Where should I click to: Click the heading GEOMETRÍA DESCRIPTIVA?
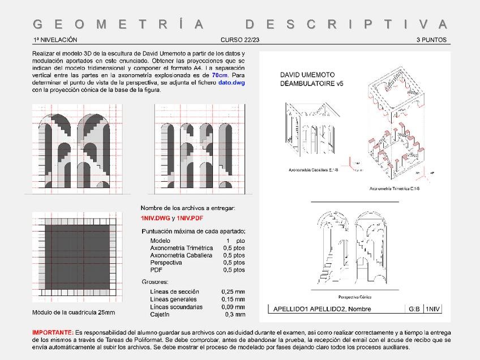tap(241, 24)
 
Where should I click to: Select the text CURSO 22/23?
tap(240, 40)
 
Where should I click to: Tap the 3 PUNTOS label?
tap(432, 40)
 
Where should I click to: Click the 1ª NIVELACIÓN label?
tap(55, 40)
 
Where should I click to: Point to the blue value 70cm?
tap(220, 75)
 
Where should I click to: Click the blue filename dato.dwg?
tap(232, 83)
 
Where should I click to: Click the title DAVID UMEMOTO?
tap(307, 75)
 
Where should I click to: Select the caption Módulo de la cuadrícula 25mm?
tap(74, 312)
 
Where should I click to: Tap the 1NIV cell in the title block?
tap(433, 309)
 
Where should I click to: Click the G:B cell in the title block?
tap(414, 309)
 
